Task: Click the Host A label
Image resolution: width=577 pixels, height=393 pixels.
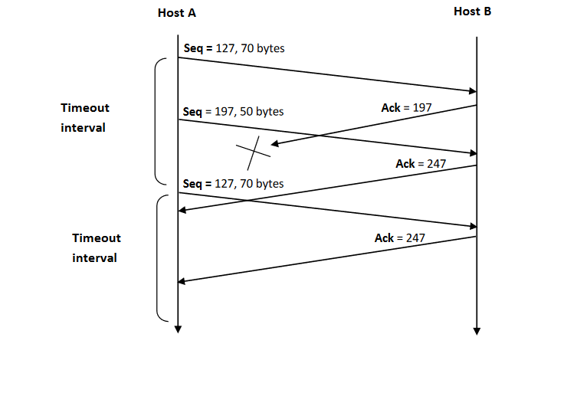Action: coord(177,13)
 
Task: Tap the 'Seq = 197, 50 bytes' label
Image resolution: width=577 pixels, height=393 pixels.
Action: coord(233,112)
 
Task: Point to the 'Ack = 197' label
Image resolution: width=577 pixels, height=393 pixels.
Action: coord(407,108)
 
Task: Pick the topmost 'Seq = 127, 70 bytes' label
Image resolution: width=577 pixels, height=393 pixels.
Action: coord(234,49)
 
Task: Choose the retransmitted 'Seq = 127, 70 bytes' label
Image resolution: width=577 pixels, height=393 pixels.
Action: coord(233,184)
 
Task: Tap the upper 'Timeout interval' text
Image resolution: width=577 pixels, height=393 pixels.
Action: coord(84,118)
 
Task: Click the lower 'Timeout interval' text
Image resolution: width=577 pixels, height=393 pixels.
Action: coord(96,247)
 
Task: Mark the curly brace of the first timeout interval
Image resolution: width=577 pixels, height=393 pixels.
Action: coord(159,121)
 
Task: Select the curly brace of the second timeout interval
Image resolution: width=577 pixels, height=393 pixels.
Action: coord(161,257)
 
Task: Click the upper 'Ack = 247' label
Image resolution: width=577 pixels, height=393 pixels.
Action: coord(421,164)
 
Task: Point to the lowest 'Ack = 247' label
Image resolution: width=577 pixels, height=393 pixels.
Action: coord(399,238)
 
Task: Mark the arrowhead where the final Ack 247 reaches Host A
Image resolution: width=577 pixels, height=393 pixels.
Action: coord(183,282)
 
